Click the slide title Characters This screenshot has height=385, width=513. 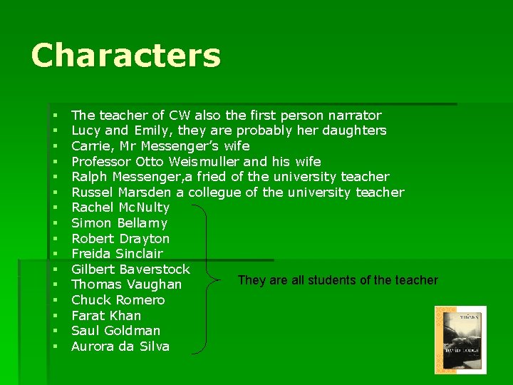click(x=126, y=56)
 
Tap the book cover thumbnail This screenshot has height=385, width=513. click(x=460, y=340)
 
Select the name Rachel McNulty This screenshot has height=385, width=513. click(x=120, y=207)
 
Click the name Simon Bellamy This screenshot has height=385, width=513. click(x=119, y=223)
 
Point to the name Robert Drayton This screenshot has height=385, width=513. click(x=120, y=239)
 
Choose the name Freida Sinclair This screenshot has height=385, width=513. click(x=117, y=254)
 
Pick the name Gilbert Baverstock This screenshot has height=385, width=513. click(x=130, y=269)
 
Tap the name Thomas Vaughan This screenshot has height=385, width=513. click(x=126, y=284)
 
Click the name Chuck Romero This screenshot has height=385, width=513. click(x=118, y=300)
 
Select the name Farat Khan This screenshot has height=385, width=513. click(x=106, y=316)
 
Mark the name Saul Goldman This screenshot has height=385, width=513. click(x=115, y=331)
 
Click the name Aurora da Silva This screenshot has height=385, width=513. click(x=120, y=346)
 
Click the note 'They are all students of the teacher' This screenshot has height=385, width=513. click(x=338, y=280)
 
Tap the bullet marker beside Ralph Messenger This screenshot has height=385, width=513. click(x=55, y=177)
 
